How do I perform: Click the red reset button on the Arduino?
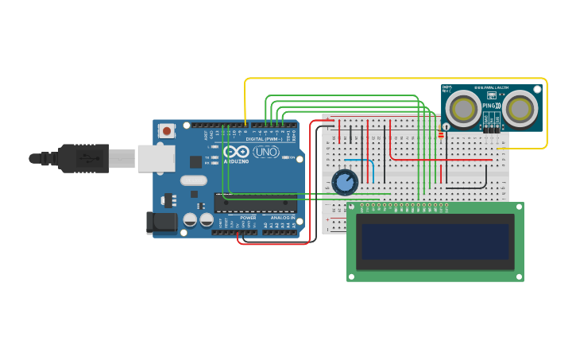[166, 130]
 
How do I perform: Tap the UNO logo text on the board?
[266, 151]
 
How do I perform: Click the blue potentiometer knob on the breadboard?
[345, 183]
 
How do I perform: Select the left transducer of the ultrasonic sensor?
[462, 107]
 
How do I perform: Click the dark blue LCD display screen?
[435, 242]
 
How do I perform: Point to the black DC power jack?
[164, 223]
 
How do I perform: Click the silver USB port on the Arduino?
[156, 157]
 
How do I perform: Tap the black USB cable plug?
[83, 158]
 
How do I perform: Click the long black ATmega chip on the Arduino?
[255, 203]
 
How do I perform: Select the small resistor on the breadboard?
[441, 134]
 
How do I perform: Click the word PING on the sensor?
[489, 106]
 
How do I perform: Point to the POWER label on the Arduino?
[248, 217]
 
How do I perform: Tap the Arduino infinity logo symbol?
[236, 151]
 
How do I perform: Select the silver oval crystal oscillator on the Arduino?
[193, 180]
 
